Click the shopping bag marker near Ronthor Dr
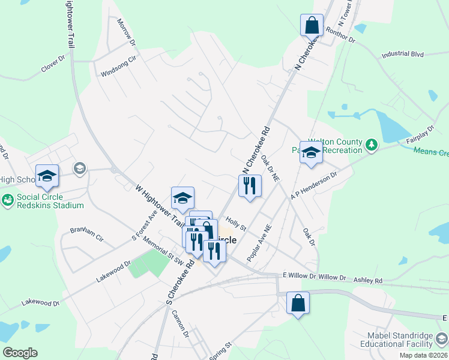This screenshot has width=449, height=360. pyautogui.click(x=312, y=26)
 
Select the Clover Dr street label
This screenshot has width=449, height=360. pyautogui.click(x=53, y=65)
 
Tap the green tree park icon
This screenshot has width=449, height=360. pyautogui.click(x=372, y=144)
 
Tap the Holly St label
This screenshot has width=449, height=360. pyautogui.click(x=236, y=224)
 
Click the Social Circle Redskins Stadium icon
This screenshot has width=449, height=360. pyautogui.click(x=8, y=200)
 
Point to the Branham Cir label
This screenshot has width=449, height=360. pyautogui.click(x=86, y=234)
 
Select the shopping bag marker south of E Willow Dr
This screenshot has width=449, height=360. pyautogui.click(x=298, y=303)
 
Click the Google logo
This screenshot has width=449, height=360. pyautogui.click(x=20, y=353)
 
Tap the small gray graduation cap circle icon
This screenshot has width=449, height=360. pyautogui.click(x=79, y=169)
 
